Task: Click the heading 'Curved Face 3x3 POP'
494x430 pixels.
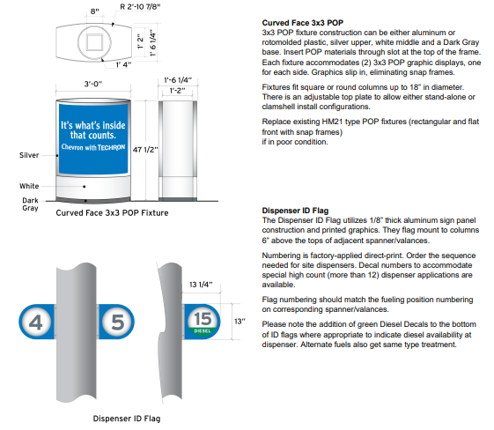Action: pos(302,22)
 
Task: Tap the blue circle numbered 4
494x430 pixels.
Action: pos(35,322)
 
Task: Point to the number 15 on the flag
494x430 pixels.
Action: pos(203,316)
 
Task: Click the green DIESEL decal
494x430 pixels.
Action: pos(203,332)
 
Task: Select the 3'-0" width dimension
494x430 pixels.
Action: pos(93,83)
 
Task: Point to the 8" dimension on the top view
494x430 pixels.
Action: pos(93,11)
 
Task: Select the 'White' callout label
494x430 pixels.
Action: pos(29,186)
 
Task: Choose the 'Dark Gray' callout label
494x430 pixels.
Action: pos(29,205)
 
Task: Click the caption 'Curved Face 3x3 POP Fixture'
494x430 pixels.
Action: pos(112,213)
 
